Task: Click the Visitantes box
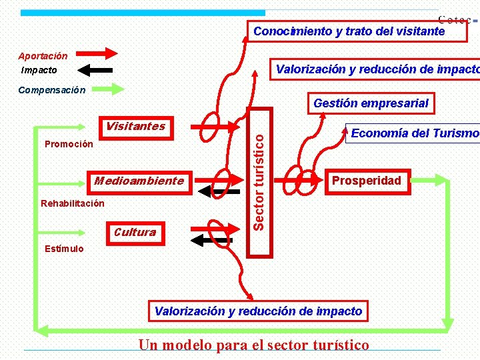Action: pos(135,127)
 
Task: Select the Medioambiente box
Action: pos(139,181)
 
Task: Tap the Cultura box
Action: pos(135,232)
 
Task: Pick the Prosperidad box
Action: pos(367,181)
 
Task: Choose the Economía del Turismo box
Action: pos(414,133)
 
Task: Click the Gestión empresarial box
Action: pos(371,103)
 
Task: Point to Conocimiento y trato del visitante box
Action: pos(349,31)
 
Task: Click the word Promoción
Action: pos(69,144)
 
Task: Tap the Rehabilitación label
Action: pos(73,203)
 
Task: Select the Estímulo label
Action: pos(64,249)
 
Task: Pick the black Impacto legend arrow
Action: pos(92,69)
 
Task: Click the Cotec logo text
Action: pos(455,20)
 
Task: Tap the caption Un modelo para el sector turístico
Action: pos(253,345)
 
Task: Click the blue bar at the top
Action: pos(143,12)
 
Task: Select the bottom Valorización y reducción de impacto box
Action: pos(258,311)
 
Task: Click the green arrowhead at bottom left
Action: pos(41,329)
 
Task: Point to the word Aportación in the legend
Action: pos(43,56)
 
